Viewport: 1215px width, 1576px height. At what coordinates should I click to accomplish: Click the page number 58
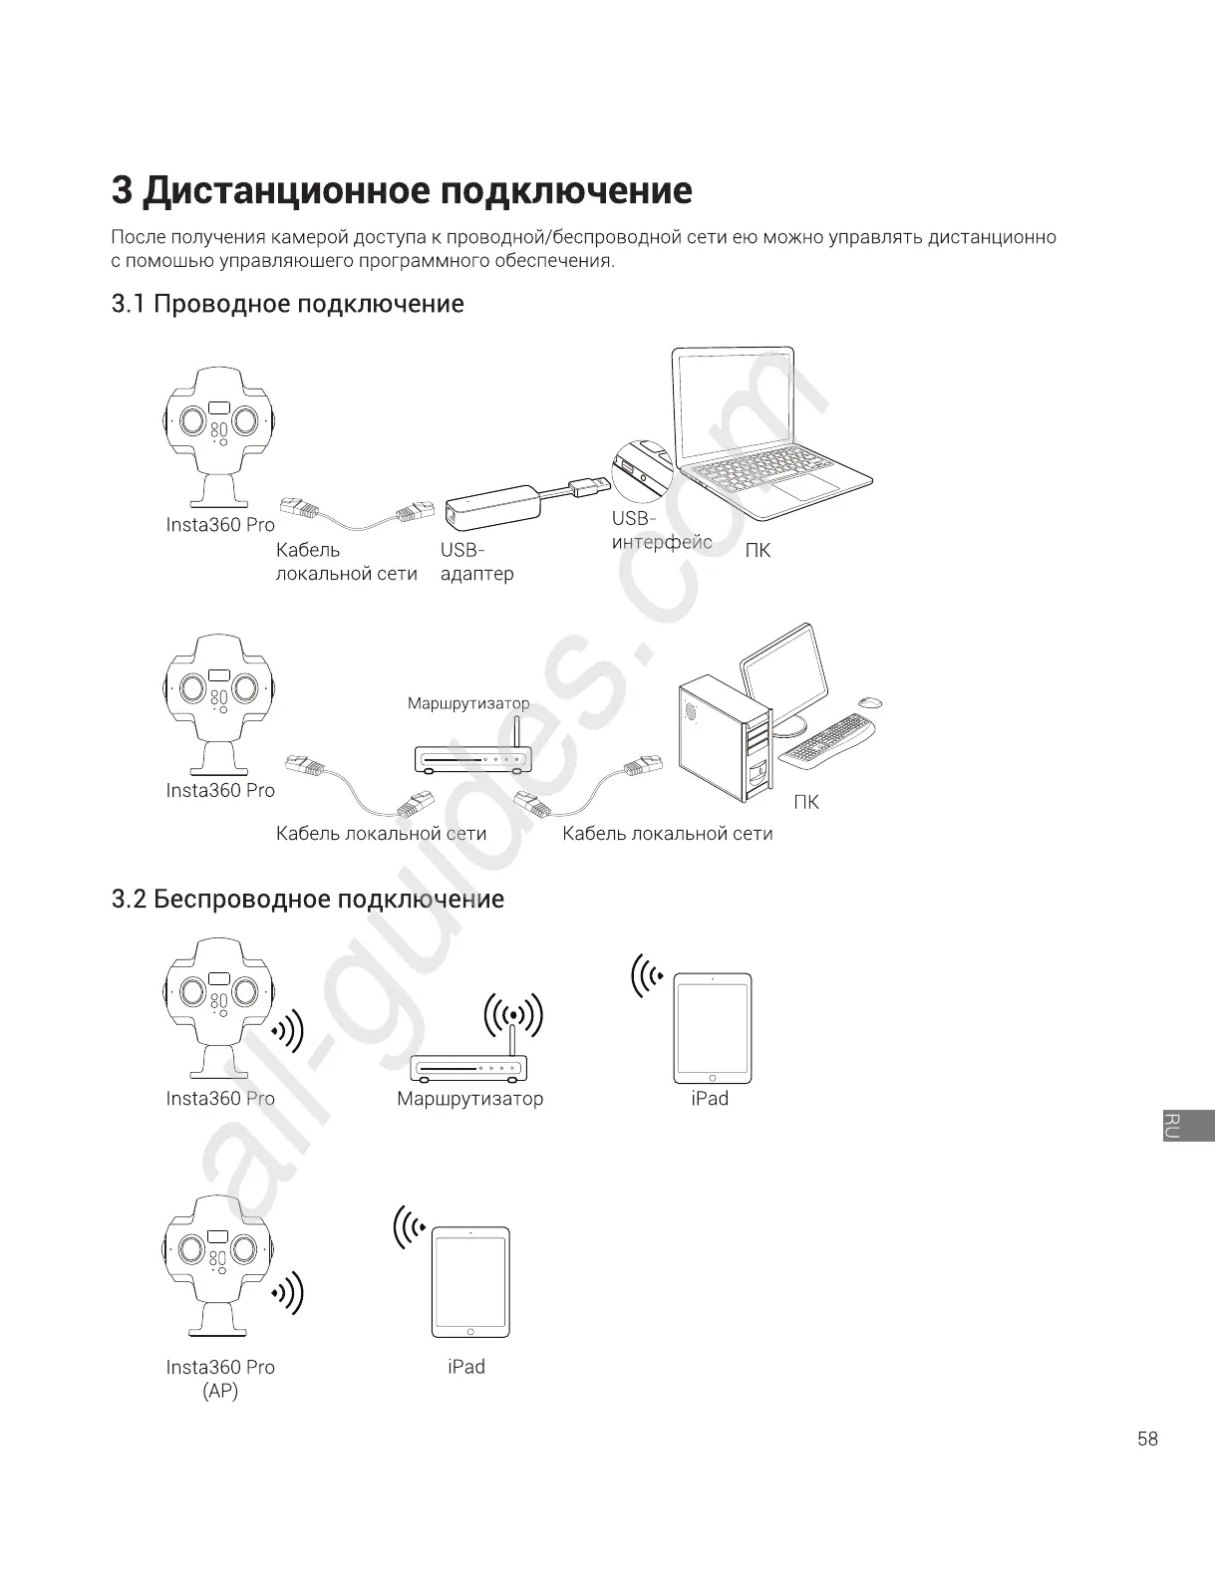click(1147, 1439)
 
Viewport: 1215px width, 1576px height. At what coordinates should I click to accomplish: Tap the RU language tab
click(1188, 1125)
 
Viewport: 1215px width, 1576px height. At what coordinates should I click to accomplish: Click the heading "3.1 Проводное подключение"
click(287, 304)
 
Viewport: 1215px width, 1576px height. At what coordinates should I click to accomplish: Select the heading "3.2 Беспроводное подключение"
click(307, 900)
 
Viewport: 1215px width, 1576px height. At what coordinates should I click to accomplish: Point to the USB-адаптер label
click(476, 562)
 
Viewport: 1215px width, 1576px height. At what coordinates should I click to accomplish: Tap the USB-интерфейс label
click(661, 531)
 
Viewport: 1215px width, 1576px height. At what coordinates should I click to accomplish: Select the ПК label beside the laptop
click(758, 551)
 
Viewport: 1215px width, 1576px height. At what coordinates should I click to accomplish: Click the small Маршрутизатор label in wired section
click(467, 703)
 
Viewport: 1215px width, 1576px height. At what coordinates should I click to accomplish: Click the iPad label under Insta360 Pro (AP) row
click(466, 1367)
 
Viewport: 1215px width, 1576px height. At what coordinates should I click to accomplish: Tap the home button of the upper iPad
click(713, 1077)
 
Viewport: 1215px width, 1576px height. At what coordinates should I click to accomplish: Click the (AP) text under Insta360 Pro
click(220, 1391)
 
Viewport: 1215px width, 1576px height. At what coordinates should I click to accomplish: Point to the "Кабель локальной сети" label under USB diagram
click(346, 562)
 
